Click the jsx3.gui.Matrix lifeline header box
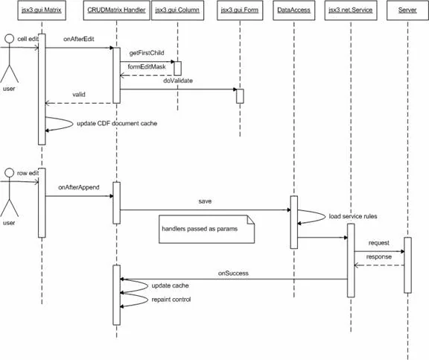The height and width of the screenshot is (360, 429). [x=42, y=10]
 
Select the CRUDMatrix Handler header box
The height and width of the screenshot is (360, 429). [x=116, y=10]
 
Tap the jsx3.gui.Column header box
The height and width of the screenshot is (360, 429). [x=177, y=10]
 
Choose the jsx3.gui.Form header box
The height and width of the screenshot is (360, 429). [x=240, y=10]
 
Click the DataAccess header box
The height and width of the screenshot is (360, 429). [x=294, y=10]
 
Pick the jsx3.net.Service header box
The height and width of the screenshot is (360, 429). [x=351, y=10]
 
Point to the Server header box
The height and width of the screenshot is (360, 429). [x=407, y=10]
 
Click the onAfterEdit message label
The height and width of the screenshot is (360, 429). [x=79, y=40]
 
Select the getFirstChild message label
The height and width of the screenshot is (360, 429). [x=147, y=53]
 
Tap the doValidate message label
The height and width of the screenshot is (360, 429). [x=178, y=80]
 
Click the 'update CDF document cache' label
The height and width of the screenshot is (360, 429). [x=117, y=124]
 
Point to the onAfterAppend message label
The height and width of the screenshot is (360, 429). [x=79, y=188]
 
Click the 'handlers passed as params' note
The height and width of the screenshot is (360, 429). [x=207, y=229]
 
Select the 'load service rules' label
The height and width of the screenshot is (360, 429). [x=353, y=216]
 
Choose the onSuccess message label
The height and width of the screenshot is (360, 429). [x=233, y=274]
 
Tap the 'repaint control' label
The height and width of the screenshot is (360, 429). [x=171, y=300]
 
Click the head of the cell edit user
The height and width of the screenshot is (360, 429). [x=10, y=39]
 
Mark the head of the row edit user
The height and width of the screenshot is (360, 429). [x=10, y=173]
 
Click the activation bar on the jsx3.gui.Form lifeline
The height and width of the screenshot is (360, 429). [x=240, y=96]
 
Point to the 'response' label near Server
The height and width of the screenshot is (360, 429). [x=379, y=257]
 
